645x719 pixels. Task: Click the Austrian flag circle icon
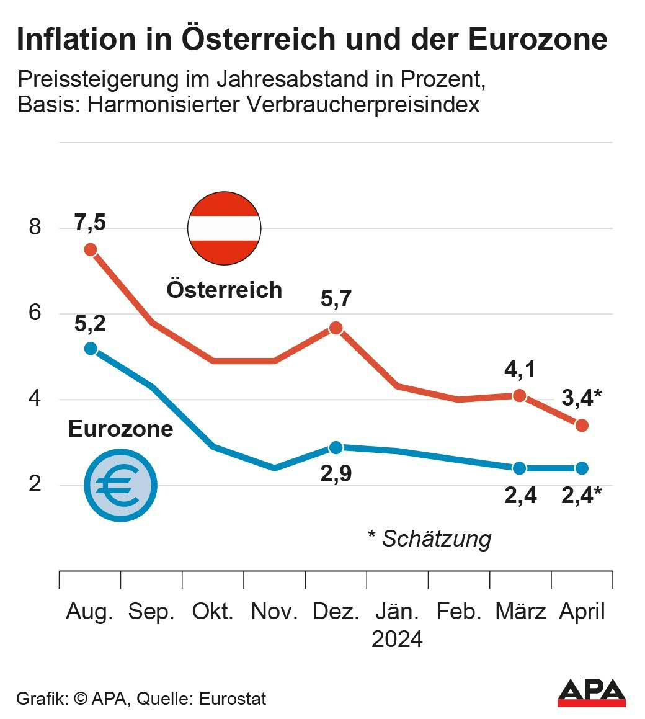pyautogui.click(x=224, y=228)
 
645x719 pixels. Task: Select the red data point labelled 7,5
pyautogui.click(x=91, y=249)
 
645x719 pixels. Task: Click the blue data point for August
pyautogui.click(x=91, y=349)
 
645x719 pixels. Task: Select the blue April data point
pyautogui.click(x=582, y=468)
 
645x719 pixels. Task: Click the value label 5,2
pyautogui.click(x=91, y=323)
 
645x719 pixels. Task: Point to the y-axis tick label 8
pyautogui.click(x=35, y=227)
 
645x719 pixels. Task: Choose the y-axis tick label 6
pyautogui.click(x=35, y=313)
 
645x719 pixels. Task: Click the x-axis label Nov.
pyautogui.click(x=274, y=612)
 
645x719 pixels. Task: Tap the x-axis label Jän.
pyautogui.click(x=397, y=612)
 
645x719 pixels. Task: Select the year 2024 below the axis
pyautogui.click(x=397, y=639)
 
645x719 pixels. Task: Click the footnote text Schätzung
pyautogui.click(x=436, y=538)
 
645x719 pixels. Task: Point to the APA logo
pyautogui.click(x=591, y=692)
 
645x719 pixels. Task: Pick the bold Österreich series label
pyautogui.click(x=224, y=290)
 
